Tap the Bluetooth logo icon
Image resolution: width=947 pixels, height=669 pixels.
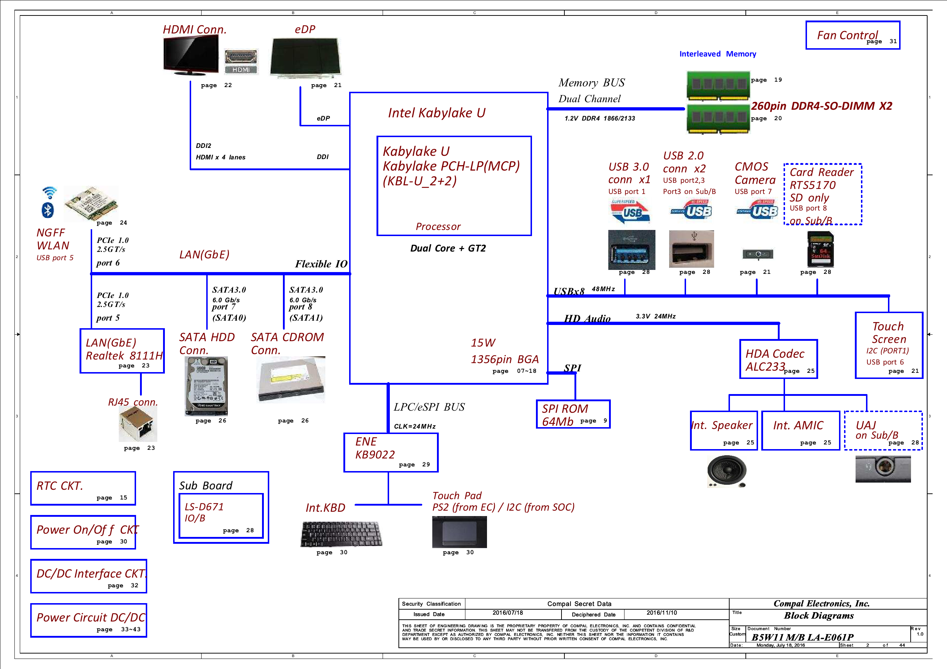pos(48,210)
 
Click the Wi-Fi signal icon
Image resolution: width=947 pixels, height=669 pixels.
pos(50,193)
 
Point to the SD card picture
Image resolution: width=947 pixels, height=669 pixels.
pos(820,249)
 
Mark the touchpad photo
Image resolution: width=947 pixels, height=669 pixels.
pos(460,532)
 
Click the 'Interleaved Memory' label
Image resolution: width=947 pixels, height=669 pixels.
pos(718,54)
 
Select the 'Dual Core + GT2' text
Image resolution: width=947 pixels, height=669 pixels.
pos(448,248)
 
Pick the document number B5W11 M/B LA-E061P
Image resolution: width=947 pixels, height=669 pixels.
pos(803,637)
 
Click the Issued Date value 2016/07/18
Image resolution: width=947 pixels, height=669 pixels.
pos(508,613)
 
